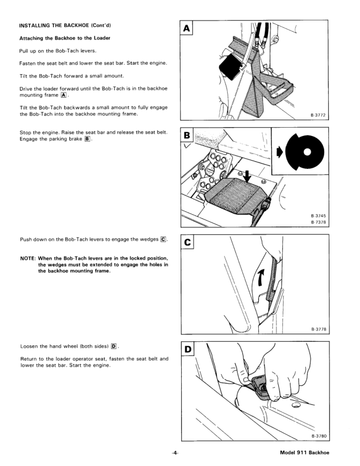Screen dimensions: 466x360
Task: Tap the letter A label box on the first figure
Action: click(x=187, y=28)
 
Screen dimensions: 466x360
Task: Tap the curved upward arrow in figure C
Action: click(x=259, y=276)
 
